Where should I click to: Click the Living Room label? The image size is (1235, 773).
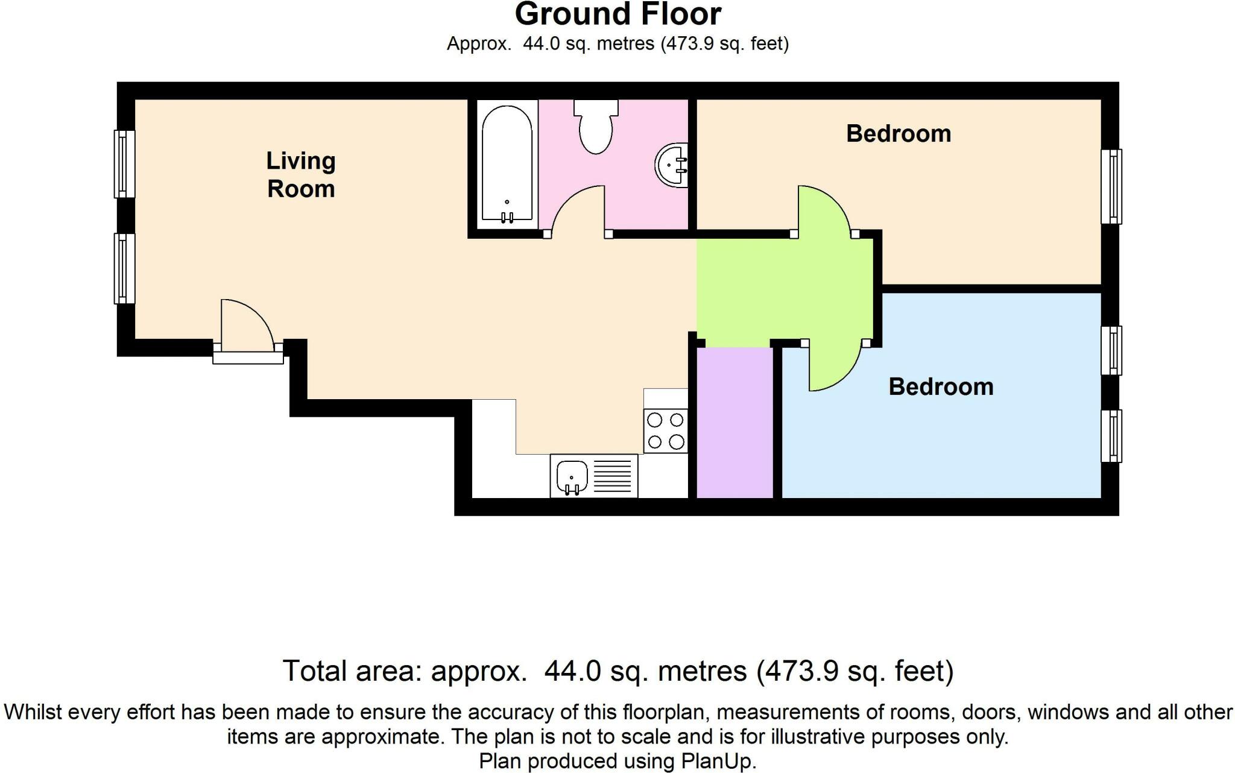point(301,174)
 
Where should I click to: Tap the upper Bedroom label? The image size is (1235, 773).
point(899,134)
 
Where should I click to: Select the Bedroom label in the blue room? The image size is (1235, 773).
point(941,387)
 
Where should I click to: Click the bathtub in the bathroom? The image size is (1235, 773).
point(507,165)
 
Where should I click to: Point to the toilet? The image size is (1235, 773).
point(596,126)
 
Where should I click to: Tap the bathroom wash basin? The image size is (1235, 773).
point(672,164)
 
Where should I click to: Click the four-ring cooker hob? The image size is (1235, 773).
point(666,431)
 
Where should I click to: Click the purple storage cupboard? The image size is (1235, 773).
point(735,423)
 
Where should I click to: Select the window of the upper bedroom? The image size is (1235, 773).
point(1111,186)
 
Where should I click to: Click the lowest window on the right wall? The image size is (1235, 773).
point(1111,436)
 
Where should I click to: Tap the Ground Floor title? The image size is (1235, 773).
point(618,14)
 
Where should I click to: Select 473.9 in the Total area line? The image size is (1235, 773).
point(798,671)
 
